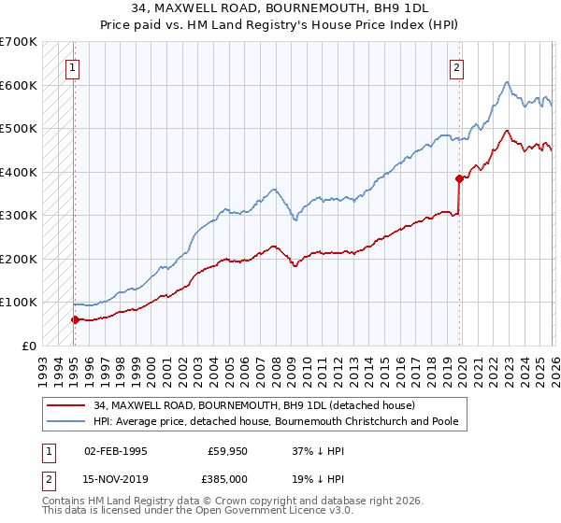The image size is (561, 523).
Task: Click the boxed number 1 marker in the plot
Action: click(x=73, y=66)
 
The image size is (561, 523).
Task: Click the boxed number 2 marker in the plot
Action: click(x=456, y=66)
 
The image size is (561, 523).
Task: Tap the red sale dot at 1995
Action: click(x=75, y=319)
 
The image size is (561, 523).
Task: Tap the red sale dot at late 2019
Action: click(x=459, y=178)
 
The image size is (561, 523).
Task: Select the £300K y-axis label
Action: click(x=19, y=215)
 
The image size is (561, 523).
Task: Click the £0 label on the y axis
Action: click(x=30, y=346)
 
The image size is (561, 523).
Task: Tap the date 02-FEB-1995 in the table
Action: click(x=115, y=450)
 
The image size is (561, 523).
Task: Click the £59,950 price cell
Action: click(x=227, y=450)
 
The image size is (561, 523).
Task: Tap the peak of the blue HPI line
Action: click(x=506, y=82)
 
